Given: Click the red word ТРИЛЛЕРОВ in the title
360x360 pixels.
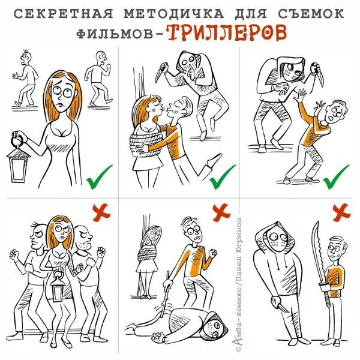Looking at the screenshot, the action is pyautogui.click(x=226, y=32).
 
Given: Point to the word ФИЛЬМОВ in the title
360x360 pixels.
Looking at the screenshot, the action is pyautogui.click(x=115, y=34).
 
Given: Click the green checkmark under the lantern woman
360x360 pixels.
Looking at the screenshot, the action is pyautogui.click(x=99, y=177).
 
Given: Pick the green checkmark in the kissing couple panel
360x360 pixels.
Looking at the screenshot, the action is pyautogui.click(x=222, y=177).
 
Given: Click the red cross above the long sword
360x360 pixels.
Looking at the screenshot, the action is pyautogui.click(x=341, y=212).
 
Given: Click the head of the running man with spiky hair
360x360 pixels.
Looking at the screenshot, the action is pyautogui.click(x=26, y=57).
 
